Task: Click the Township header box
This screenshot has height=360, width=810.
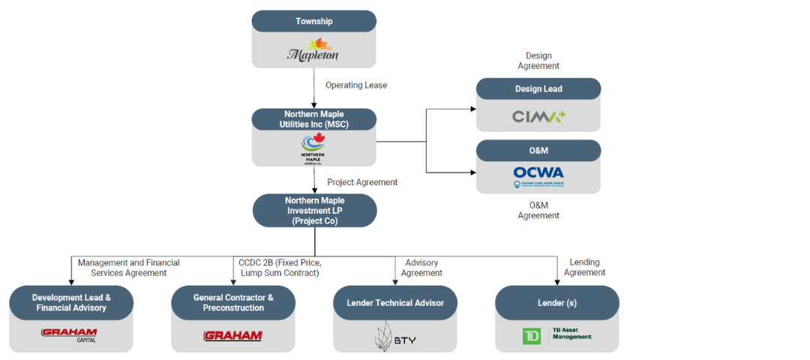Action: pos(313,21)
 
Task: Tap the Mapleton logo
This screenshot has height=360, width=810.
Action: pos(313,50)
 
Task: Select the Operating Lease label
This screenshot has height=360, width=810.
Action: pos(356,85)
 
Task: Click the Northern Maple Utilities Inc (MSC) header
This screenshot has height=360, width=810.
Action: pos(313,119)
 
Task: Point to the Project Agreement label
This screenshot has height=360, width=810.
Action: pos(362,182)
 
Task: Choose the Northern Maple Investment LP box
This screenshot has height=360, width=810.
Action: pos(314,211)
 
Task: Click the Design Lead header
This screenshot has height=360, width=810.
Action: pos(538,89)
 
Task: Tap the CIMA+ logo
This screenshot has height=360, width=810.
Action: pos(538,116)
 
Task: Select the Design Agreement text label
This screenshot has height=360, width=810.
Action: pos(538,61)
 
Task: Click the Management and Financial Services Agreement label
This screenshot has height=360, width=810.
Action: pos(128,268)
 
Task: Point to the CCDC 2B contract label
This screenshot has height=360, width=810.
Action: pos(279,268)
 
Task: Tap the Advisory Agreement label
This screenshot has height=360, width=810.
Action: pos(421,268)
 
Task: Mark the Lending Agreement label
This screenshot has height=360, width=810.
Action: pos(584,267)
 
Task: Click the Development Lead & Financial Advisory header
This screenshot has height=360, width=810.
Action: pos(71,303)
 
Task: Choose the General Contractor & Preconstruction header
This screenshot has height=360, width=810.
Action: pos(233,303)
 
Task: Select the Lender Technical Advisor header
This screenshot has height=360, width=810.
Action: pos(395,303)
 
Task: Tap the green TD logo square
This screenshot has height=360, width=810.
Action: pos(531,336)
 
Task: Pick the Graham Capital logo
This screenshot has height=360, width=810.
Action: pos(69,334)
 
